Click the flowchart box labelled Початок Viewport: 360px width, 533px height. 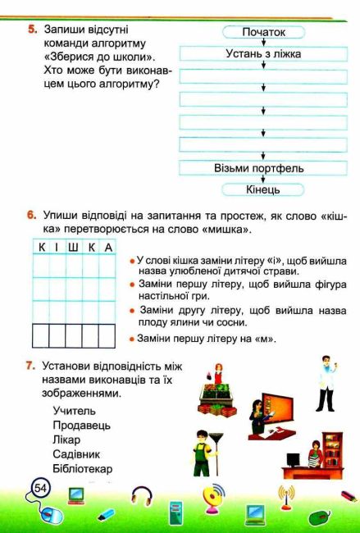263,32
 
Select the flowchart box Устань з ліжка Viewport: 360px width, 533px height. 263,53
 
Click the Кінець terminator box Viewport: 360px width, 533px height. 263,189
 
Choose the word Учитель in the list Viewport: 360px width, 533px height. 74,411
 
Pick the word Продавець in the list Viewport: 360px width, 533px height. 81,426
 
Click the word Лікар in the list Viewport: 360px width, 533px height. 68,440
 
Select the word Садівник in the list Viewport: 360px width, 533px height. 77,455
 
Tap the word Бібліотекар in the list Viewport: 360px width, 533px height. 82,470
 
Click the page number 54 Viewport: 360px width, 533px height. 39,489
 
